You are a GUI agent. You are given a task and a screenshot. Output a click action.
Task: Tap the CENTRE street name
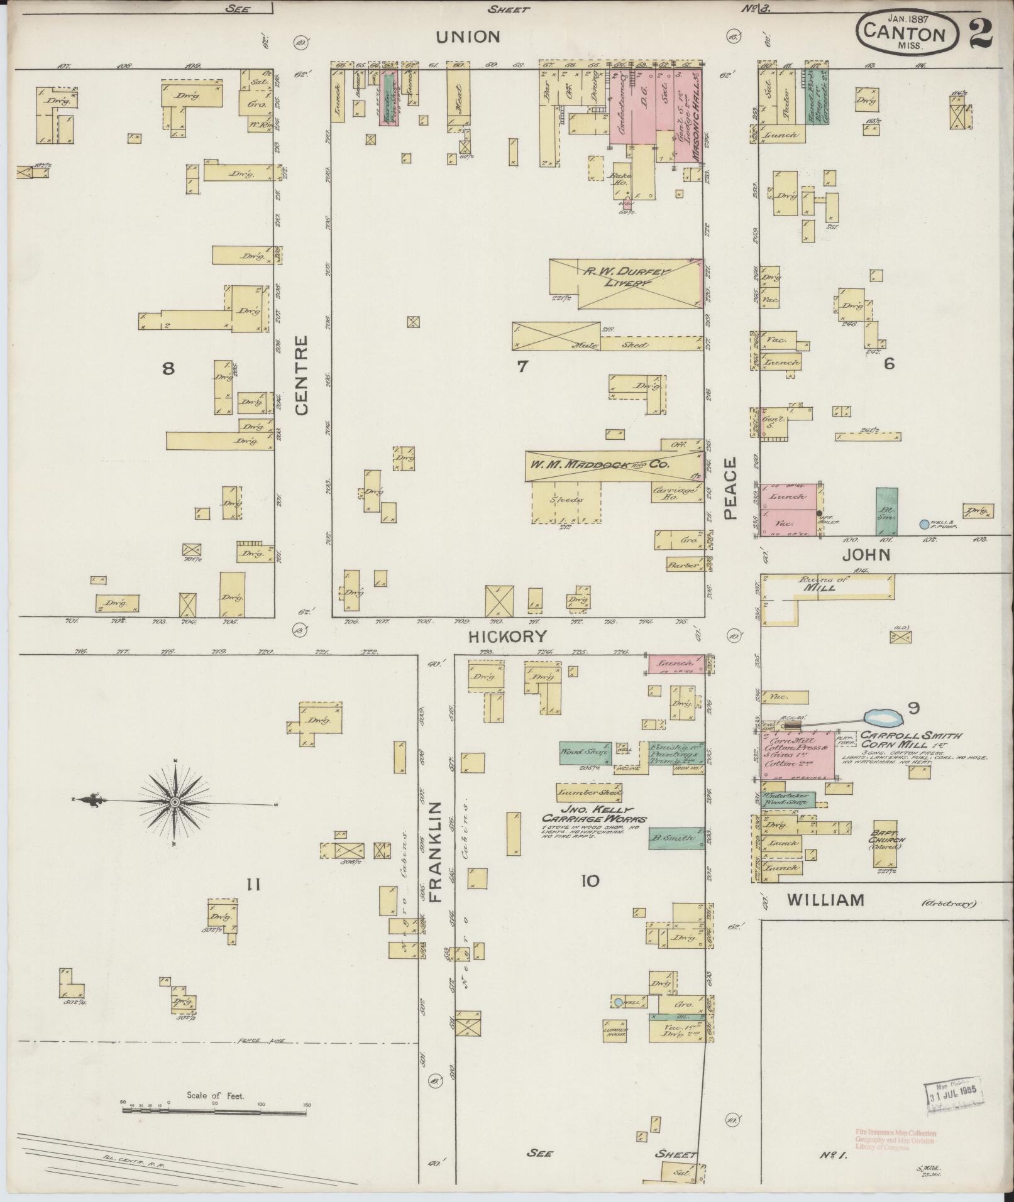pos(302,375)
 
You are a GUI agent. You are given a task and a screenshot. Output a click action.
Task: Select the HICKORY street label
pos(508,636)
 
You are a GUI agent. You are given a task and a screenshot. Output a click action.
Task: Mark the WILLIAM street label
pos(825,900)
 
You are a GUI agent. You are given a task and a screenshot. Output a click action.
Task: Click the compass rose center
pos(175,802)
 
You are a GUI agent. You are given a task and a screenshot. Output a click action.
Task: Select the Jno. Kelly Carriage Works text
pos(594,814)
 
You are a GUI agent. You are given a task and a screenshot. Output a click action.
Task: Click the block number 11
pos(253,885)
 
